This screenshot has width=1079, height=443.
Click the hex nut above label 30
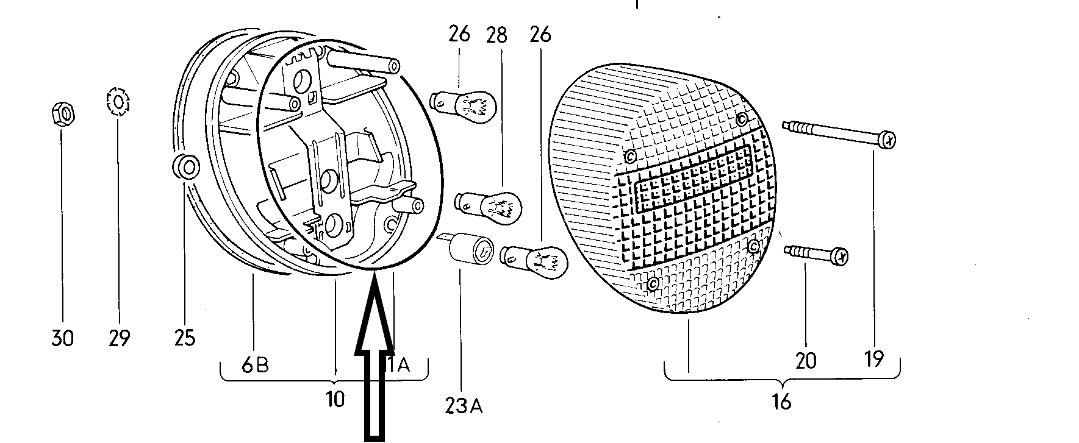tap(62, 114)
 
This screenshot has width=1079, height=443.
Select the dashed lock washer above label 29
tap(118, 102)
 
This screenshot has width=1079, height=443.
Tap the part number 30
tap(62, 338)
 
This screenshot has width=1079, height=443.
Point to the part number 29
tap(118, 338)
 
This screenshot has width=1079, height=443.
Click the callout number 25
tap(184, 337)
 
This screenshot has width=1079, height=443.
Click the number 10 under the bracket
tap(335, 399)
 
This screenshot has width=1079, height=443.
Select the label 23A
tap(463, 405)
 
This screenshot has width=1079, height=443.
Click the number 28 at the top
tap(496, 35)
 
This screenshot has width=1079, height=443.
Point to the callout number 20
tap(806, 361)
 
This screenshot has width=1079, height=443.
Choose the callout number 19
tap(874, 359)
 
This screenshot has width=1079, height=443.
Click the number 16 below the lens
tap(781, 402)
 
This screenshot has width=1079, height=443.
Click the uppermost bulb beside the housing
tap(464, 102)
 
